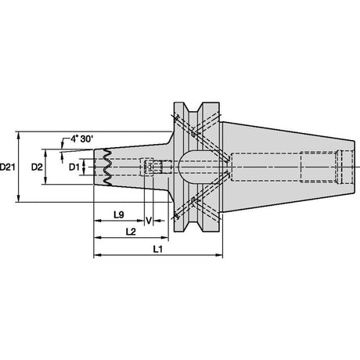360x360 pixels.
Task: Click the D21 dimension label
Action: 7,167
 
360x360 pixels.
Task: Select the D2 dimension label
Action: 37,167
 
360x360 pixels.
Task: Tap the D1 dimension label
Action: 74,167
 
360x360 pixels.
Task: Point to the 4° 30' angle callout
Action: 81,139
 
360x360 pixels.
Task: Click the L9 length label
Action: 119,214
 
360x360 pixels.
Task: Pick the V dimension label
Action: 149,221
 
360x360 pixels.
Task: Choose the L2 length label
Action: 131,232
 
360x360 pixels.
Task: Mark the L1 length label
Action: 157,250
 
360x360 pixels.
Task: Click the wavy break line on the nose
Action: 107,167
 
